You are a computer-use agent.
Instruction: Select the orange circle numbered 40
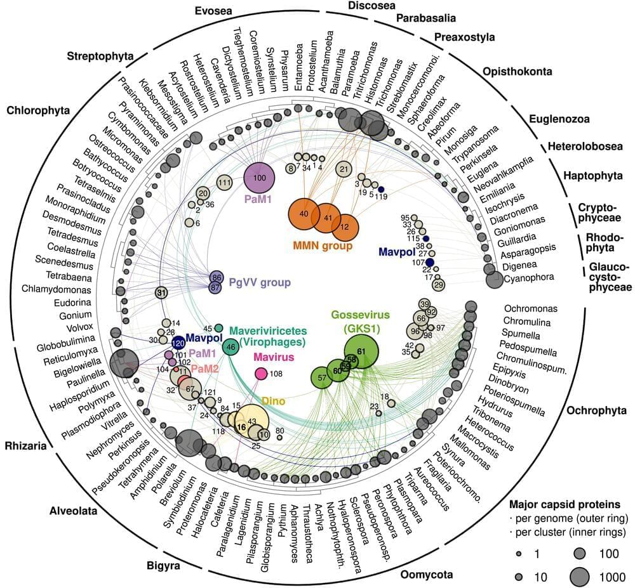[304, 214]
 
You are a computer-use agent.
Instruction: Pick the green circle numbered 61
[361, 351]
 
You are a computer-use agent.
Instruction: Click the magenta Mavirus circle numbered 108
[261, 374]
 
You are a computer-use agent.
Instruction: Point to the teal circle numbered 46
[231, 347]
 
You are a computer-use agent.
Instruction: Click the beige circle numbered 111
[224, 183]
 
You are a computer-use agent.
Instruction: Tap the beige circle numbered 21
[344, 169]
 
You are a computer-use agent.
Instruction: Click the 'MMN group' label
[322, 245]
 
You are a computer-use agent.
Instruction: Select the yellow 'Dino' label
[273, 401]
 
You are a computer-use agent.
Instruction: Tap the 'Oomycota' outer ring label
[426, 575]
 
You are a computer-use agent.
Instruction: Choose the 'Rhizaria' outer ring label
[23, 445]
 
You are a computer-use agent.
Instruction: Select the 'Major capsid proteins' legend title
[565, 505]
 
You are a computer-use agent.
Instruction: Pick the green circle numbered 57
[322, 378]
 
